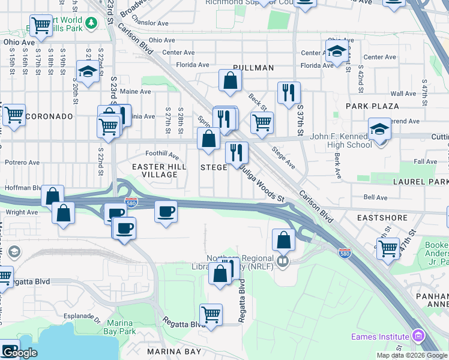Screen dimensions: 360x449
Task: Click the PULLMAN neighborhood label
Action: pyautogui.click(x=254, y=68)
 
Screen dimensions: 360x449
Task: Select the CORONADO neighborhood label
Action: pyautogui.click(x=50, y=116)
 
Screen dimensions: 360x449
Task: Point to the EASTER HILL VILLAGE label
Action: pyautogui.click(x=154, y=170)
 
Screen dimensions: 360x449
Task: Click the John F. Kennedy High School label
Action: pyautogui.click(x=340, y=140)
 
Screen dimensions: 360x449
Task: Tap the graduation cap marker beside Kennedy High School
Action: pyautogui.click(x=379, y=130)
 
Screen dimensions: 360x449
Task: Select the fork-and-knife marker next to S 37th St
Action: pyautogui.click(x=289, y=92)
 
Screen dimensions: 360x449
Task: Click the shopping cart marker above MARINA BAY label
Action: pyautogui.click(x=211, y=314)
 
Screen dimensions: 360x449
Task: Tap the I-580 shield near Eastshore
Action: pyautogui.click(x=345, y=253)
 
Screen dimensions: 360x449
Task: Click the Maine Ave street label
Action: pyautogui.click(x=136, y=92)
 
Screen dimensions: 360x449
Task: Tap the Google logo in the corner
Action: pyautogui.click(x=19, y=353)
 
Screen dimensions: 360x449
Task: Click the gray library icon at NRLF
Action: pyautogui.click(x=283, y=260)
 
